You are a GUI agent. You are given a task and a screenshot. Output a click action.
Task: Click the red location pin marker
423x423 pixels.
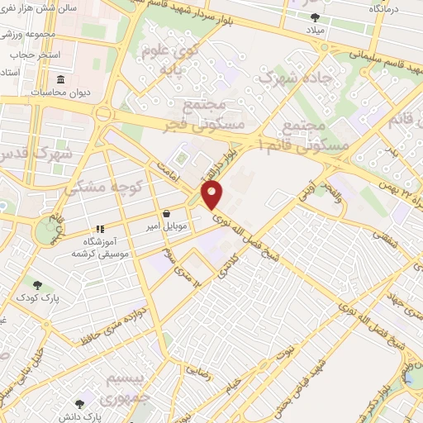(213, 196)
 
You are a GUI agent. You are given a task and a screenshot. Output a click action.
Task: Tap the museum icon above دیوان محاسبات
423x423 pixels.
(61, 80)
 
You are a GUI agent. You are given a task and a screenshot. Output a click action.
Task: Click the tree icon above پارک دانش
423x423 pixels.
(80, 404)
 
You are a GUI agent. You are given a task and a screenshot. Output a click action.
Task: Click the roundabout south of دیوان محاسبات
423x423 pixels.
(104, 113)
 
